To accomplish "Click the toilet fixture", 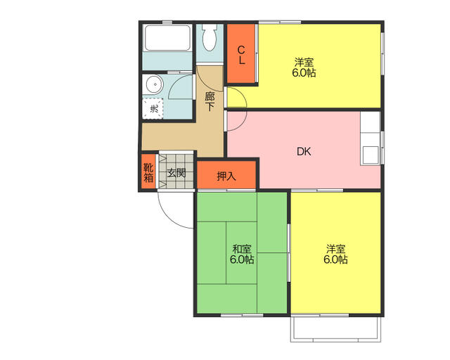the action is click(x=210, y=37).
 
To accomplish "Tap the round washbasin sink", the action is click(x=155, y=84).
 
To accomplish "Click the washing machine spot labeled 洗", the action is click(x=153, y=108).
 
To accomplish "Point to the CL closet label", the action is click(x=241, y=55).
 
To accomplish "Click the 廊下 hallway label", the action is click(x=210, y=101).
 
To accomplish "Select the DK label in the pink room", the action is click(x=304, y=152).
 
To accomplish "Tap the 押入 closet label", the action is click(x=226, y=176).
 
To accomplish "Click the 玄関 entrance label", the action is click(x=176, y=173).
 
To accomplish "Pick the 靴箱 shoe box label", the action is click(x=148, y=172).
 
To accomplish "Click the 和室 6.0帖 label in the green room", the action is click(x=242, y=254).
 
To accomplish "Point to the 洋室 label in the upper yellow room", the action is click(x=304, y=62).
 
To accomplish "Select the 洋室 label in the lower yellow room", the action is click(x=335, y=248).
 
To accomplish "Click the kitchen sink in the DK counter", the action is click(x=371, y=155).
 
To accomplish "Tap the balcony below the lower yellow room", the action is click(x=336, y=329).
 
